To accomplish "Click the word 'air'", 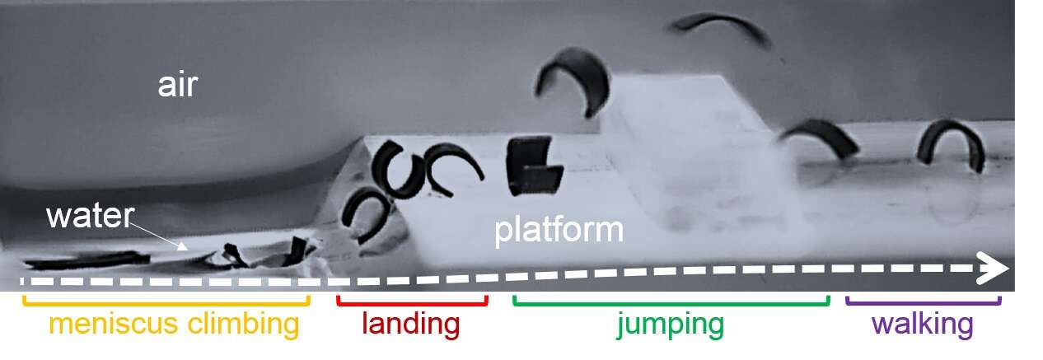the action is pyautogui.click(x=178, y=85).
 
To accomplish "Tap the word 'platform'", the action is pyautogui.click(x=559, y=230).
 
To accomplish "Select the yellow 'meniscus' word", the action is pyautogui.click(x=114, y=324).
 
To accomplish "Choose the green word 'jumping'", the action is pyautogui.click(x=671, y=325).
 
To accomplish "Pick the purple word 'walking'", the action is pyautogui.click(x=923, y=323).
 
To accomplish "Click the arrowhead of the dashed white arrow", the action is pyautogui.click(x=992, y=268).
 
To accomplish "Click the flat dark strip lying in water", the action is pyautogui.click(x=87, y=260).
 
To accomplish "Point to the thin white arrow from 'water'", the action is pyautogui.click(x=159, y=236).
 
